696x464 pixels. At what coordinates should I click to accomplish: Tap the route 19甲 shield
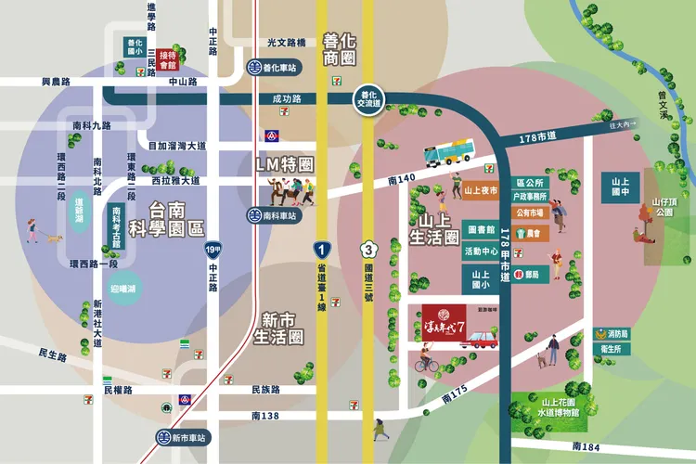pos(214,250)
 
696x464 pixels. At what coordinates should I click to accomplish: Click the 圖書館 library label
pos(480,229)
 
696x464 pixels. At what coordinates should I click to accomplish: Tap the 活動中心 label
pos(480,251)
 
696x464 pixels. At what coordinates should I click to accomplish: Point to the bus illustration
pos(449,150)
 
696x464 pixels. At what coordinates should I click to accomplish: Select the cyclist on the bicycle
pos(426,359)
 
